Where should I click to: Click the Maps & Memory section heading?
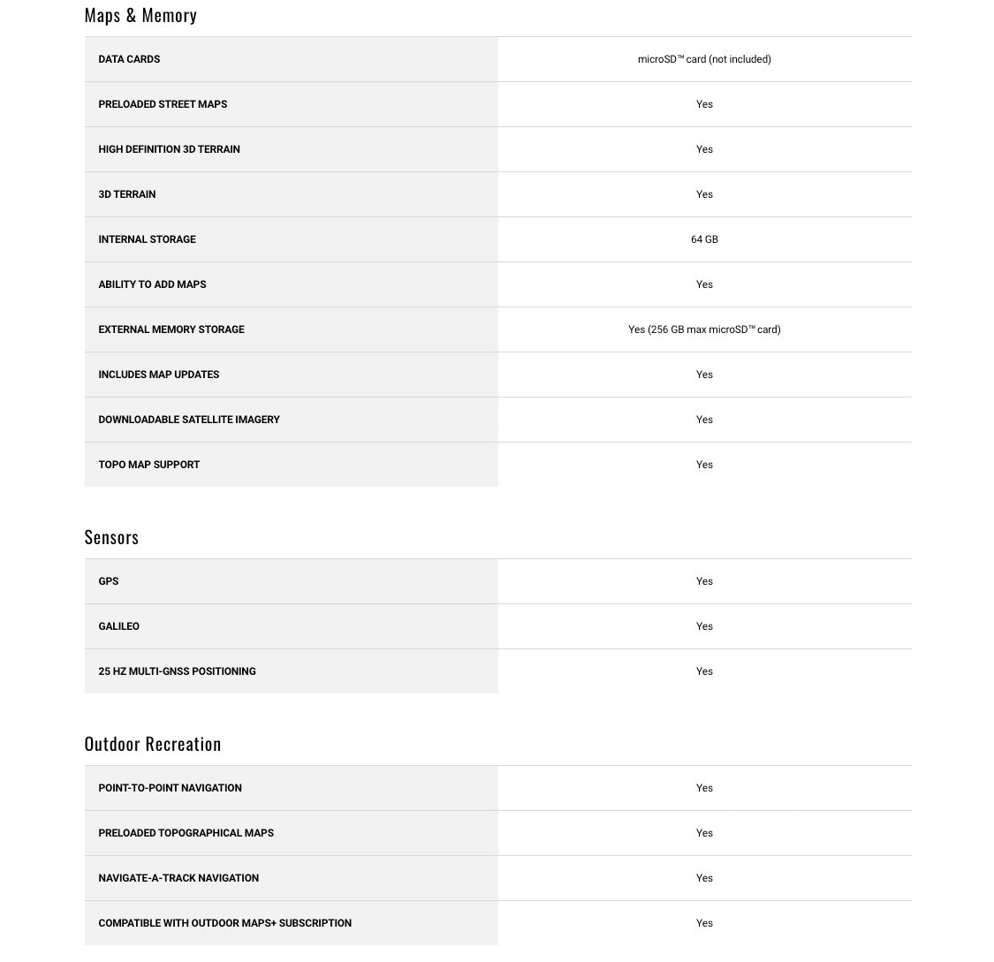coord(140,15)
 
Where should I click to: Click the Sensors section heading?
coord(111,537)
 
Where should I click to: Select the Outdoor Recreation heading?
coord(153,744)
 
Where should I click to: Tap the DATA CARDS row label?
coord(129,59)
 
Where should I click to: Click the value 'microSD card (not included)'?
coord(704,59)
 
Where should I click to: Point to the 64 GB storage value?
coord(704,239)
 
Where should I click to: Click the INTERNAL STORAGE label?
coord(147,239)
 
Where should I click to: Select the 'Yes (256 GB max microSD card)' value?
coord(704,330)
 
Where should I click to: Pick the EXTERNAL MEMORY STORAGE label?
coord(171,330)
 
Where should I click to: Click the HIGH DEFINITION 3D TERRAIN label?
coord(169,149)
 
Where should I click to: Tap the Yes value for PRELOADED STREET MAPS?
coord(704,104)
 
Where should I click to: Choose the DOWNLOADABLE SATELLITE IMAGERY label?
coord(189,420)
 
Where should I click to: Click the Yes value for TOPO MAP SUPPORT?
coord(704,465)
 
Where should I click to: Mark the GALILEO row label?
coord(118,626)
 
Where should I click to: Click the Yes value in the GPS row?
coord(704,581)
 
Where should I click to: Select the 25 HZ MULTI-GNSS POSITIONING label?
coord(177,671)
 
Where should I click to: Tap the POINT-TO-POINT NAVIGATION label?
coord(170,788)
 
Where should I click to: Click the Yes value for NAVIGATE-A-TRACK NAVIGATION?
coord(704,878)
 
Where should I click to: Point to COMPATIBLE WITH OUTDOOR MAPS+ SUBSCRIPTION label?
coord(224,923)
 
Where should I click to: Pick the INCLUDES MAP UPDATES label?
coord(158,375)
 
